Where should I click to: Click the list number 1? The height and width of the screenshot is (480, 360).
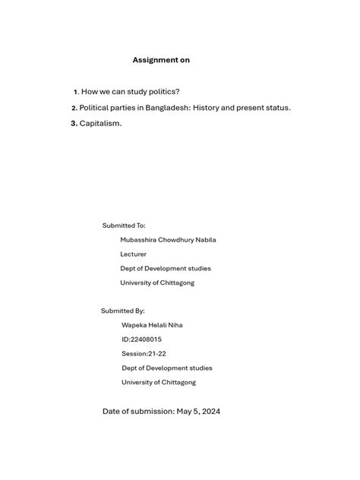pos(75,92)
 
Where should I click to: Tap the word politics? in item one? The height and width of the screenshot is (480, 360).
pos(163,92)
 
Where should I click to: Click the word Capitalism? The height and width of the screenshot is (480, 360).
pos(100,123)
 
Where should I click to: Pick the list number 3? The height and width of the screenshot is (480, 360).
pos(74,123)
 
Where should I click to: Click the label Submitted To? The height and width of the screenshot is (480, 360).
pos(124,226)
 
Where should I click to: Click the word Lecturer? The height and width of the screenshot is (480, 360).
pos(134,254)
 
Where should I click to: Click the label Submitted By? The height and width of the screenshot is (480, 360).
pos(123,311)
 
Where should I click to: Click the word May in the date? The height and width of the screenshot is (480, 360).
pos(185,412)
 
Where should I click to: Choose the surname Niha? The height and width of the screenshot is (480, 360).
pos(174,325)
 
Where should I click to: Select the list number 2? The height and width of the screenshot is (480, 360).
pos(74,108)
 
